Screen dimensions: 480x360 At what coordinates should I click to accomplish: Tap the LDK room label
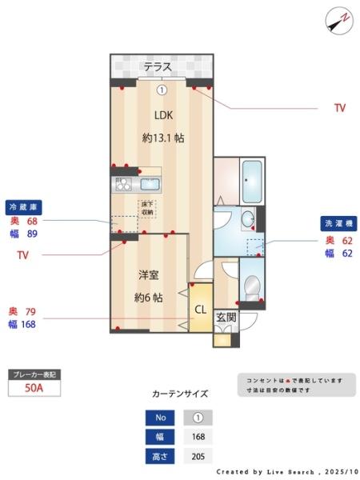163,114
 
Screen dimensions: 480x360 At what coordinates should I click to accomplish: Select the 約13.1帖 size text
163,138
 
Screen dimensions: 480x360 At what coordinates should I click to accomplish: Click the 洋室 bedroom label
148,275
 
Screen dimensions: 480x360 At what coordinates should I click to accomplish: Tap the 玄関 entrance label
226,317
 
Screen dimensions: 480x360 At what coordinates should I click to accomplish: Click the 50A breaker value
34,388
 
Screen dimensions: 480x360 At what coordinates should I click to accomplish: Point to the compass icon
338,19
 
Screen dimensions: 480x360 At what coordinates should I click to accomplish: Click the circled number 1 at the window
162,90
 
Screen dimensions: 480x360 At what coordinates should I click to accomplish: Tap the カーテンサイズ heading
179,394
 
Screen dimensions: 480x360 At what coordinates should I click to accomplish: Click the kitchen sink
150,183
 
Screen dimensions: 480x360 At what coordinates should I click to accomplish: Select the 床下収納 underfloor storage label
148,208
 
